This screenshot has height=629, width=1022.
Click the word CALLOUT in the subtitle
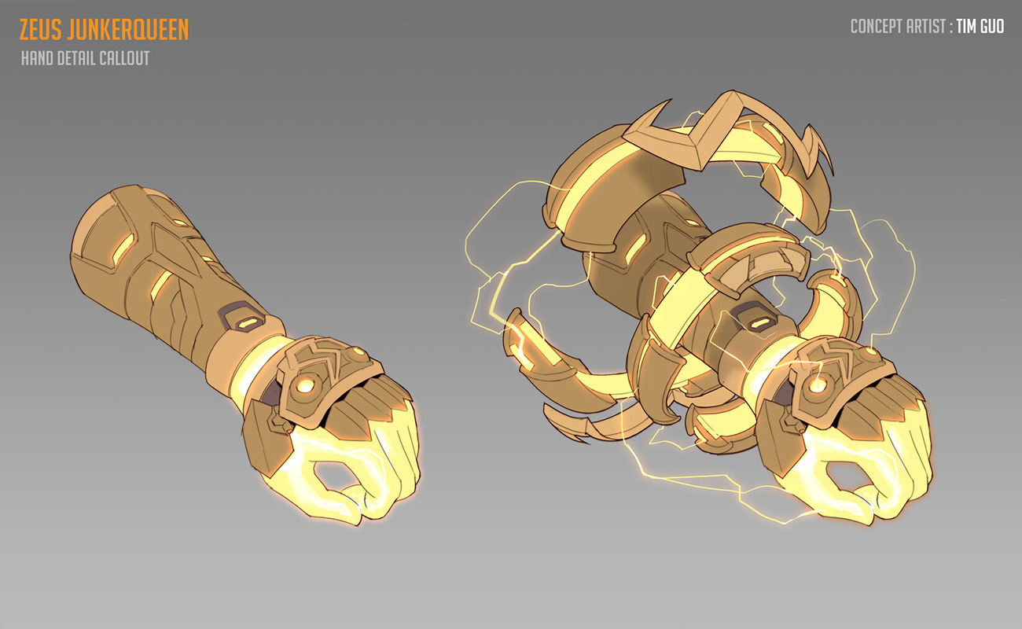126,59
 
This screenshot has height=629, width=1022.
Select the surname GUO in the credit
992,27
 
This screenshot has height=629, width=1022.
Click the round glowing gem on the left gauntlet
306,385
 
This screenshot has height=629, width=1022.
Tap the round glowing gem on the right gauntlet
818,384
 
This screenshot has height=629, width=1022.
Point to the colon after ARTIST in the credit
950,28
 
